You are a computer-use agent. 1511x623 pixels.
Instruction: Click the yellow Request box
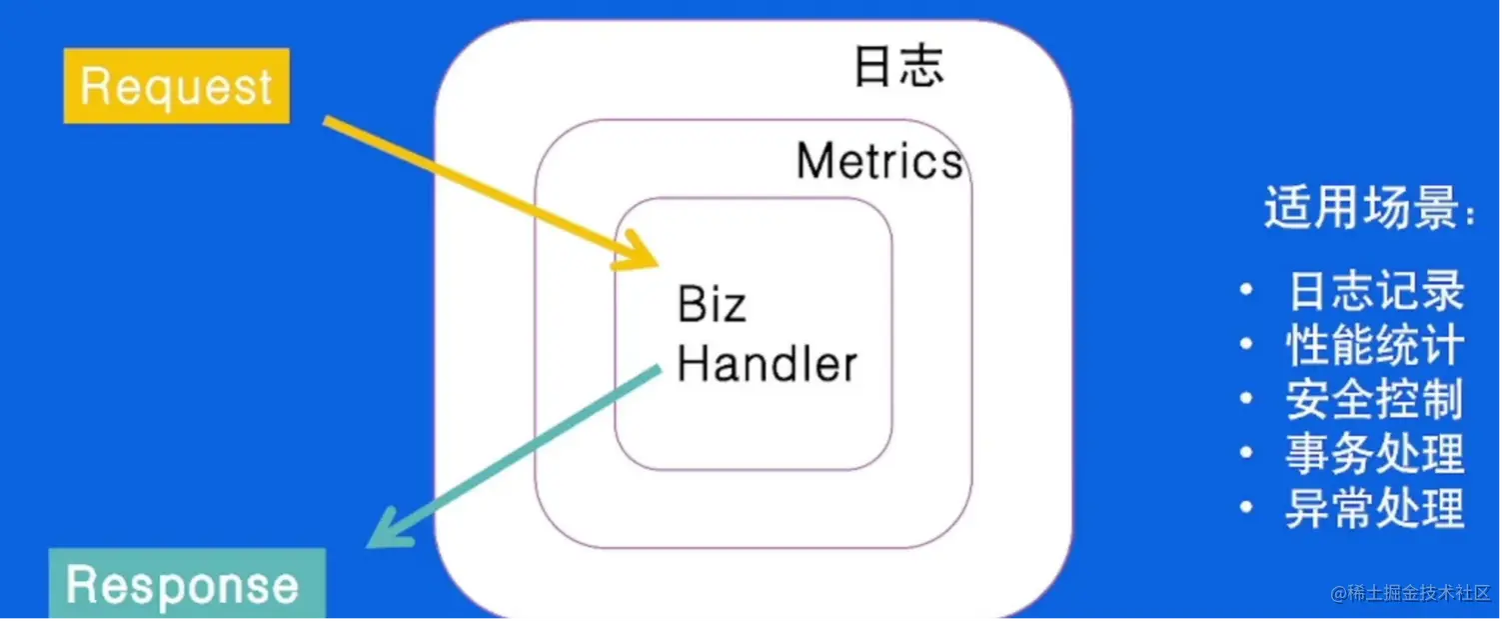coord(176,86)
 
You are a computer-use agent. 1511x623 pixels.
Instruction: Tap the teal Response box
coord(187,585)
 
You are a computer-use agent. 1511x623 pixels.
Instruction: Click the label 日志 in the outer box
coord(898,67)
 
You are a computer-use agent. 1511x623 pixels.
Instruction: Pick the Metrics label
coord(879,161)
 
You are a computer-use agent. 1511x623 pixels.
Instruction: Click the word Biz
coord(712,304)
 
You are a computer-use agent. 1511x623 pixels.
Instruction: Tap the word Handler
coord(766,364)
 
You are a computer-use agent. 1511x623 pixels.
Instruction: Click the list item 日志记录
coord(1375,291)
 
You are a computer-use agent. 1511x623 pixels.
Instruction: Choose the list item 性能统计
coord(1375,346)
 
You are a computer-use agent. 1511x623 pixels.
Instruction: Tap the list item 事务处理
coord(1375,454)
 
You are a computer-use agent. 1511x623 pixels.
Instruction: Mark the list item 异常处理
coord(1375,508)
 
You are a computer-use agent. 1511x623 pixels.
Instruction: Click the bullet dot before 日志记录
coord(1245,291)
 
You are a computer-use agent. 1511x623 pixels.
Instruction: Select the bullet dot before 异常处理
coord(1245,508)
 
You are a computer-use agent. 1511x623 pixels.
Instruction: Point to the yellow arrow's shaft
coord(480,186)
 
